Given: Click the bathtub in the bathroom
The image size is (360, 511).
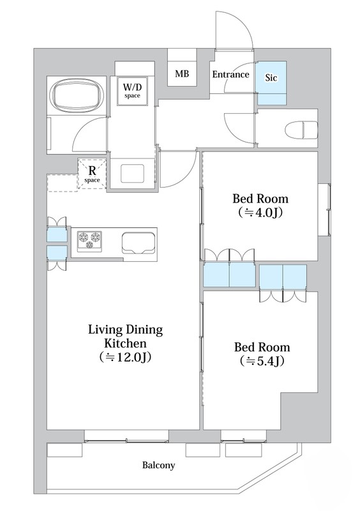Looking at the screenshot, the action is click(77, 96).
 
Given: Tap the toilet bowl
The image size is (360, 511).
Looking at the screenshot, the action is click(301, 130).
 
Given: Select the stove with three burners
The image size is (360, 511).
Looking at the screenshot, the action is click(89, 241).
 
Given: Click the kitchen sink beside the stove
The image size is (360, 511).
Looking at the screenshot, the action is click(138, 243).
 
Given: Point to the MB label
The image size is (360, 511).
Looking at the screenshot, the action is click(182, 73).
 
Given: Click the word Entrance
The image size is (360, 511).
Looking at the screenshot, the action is click(230, 74).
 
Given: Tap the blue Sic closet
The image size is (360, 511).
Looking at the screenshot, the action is click(271, 83).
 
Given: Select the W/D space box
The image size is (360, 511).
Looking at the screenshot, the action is click(132, 91).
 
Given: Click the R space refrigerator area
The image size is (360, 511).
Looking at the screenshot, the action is click(92, 174).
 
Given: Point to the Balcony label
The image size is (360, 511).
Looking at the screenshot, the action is click(158, 465).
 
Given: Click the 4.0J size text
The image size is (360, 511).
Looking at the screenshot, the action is click(260, 213).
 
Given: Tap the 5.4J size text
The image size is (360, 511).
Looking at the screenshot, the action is click(262, 361).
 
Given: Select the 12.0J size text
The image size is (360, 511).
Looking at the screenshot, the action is click(126, 357).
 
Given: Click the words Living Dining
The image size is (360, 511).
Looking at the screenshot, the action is click(126, 330).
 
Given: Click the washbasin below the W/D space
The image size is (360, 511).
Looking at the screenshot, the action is click(133, 173).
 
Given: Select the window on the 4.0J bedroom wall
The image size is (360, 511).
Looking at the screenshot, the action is click(324, 210).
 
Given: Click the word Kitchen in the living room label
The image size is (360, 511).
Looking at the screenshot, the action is click(126, 343).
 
